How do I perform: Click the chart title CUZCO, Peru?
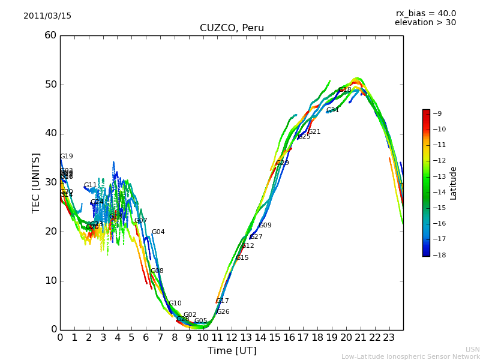click(232, 28)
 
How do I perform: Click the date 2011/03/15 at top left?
click(47, 16)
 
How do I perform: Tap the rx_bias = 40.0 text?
click(425, 13)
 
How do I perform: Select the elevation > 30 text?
click(425, 23)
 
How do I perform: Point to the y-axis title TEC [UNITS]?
click(36, 182)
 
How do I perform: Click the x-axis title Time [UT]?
click(232, 351)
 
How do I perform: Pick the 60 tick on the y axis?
click(50, 35)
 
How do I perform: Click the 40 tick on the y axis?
click(50, 133)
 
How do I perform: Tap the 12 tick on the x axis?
click(232, 338)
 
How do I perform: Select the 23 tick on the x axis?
click(389, 338)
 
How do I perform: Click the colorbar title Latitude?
click(454, 183)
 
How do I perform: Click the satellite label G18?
click(345, 90)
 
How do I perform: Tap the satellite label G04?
click(158, 232)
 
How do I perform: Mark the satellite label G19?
click(66, 157)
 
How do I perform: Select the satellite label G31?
click(332, 110)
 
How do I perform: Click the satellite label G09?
click(265, 226)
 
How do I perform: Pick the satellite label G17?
click(222, 301)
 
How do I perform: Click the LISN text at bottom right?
click(472, 349)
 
